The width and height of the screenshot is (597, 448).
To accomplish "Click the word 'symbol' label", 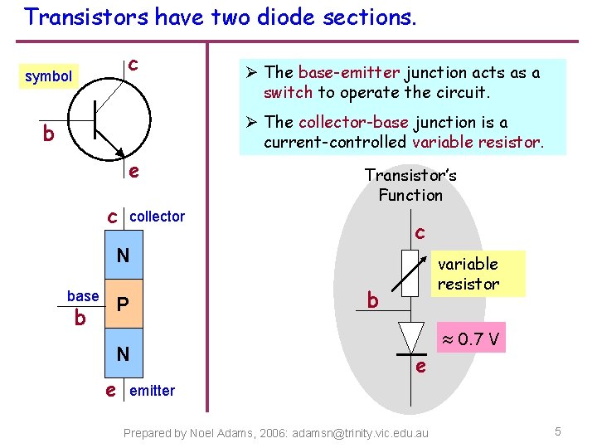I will pyautogui.click(x=48, y=76).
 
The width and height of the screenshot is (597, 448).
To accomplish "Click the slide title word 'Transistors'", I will pyautogui.click(x=75, y=17).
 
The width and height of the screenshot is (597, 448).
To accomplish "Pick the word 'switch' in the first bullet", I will pyautogui.click(x=288, y=92).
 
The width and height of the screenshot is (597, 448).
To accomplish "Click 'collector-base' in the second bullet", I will pyautogui.click(x=353, y=122).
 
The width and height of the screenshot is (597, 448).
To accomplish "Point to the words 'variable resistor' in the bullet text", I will pyautogui.click(x=477, y=142).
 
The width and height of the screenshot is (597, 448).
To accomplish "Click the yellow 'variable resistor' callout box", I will pyautogui.click(x=469, y=274).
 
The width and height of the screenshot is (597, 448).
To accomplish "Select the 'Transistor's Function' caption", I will pyautogui.click(x=410, y=185).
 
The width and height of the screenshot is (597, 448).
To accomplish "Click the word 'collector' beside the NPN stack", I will pyautogui.click(x=158, y=217).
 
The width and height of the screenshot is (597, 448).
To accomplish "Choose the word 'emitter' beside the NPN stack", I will pyautogui.click(x=153, y=390).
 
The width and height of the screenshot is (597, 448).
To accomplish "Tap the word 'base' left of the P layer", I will pyautogui.click(x=83, y=296).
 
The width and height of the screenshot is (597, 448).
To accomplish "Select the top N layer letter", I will pyautogui.click(x=123, y=256).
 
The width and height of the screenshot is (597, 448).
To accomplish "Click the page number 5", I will pyautogui.click(x=558, y=431).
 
